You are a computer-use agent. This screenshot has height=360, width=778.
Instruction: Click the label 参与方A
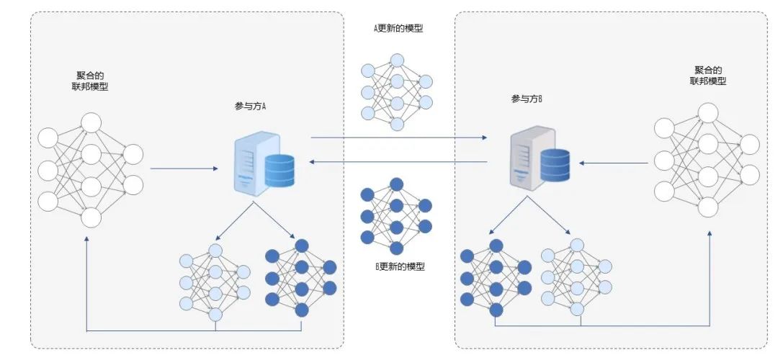pyautogui.click(x=251, y=105)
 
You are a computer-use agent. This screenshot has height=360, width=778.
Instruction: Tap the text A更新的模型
pyautogui.click(x=398, y=29)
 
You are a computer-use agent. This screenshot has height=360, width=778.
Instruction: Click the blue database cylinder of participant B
pyautogui.click(x=555, y=164)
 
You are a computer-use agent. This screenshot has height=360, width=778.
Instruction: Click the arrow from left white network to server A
pyautogui.click(x=184, y=169)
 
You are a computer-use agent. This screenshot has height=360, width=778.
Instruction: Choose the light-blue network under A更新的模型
pyautogui.click(x=396, y=91)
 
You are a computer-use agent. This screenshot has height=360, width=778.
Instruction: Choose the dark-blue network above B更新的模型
pyautogui.click(x=396, y=215)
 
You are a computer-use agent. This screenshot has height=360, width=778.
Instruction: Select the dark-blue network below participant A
pyautogui.click(x=300, y=277)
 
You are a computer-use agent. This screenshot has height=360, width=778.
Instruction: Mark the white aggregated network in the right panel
pyautogui.click(x=707, y=159)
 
